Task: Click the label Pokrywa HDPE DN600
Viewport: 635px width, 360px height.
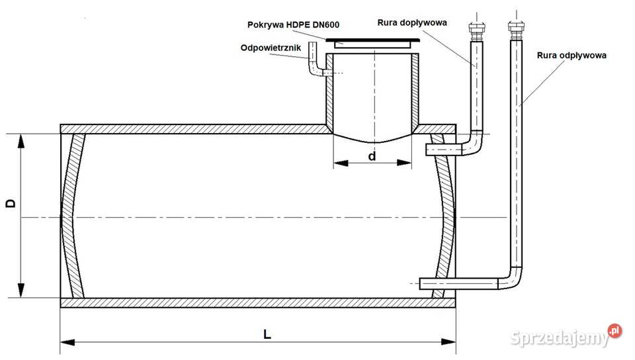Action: (x=293, y=24)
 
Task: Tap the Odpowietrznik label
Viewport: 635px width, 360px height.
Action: (x=271, y=48)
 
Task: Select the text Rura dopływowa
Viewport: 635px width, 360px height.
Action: (x=412, y=22)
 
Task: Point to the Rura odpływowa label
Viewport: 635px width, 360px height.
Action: (x=571, y=56)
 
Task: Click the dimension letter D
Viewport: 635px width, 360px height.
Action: (x=11, y=203)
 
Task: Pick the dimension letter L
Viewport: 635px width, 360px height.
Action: (x=267, y=334)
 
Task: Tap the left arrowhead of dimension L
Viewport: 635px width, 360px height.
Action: (x=67, y=342)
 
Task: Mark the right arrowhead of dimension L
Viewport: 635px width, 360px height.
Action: (x=448, y=342)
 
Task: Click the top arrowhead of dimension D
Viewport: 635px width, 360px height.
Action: (x=21, y=142)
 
